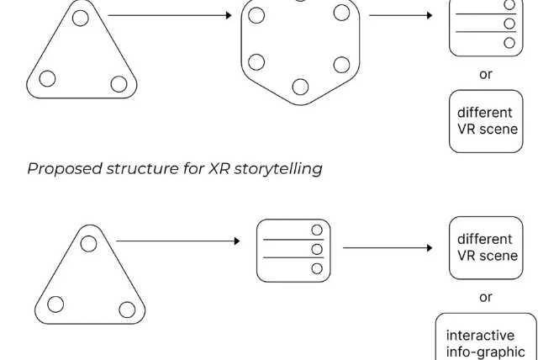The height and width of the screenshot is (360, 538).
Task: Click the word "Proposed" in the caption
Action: (x=61, y=168)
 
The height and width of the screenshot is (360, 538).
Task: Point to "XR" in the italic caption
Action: (x=212, y=168)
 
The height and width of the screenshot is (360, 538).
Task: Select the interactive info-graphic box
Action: (x=485, y=337)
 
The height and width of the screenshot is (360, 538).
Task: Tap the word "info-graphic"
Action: (x=485, y=351)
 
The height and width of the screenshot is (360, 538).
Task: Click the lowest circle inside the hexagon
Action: (x=300, y=86)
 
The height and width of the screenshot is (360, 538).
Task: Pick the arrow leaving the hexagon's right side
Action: (x=399, y=15)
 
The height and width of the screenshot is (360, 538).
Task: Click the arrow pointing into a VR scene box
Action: (x=388, y=248)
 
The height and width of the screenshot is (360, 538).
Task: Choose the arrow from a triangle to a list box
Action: (x=177, y=241)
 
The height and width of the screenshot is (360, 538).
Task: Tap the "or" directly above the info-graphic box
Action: (x=486, y=297)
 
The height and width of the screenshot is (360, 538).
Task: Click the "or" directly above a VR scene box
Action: (x=486, y=74)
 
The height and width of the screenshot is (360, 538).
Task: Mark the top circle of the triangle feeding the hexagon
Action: (x=79, y=17)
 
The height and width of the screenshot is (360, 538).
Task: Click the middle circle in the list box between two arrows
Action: (x=317, y=249)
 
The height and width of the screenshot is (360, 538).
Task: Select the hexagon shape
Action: (x=300, y=50)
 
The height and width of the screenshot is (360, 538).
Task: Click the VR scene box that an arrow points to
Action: (x=486, y=247)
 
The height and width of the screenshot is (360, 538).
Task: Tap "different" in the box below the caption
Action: (x=485, y=240)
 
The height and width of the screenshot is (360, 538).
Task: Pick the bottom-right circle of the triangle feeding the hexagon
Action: (x=119, y=83)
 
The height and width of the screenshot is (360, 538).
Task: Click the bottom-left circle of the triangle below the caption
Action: (x=55, y=304)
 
